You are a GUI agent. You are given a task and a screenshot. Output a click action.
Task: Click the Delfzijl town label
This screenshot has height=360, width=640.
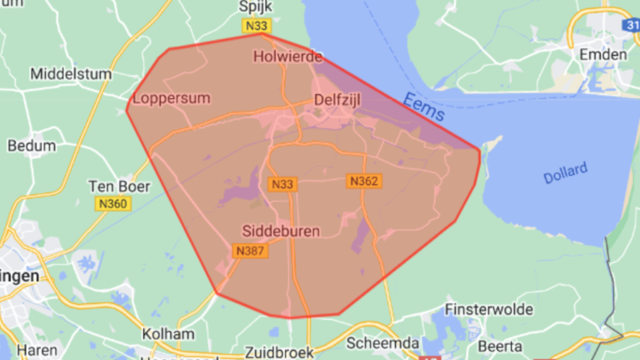(342, 101)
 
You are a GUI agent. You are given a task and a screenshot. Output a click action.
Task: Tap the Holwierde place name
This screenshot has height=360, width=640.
(286, 57)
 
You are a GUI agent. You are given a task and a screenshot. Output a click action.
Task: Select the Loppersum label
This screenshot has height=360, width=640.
(172, 98)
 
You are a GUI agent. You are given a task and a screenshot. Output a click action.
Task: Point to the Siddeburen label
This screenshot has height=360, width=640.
(280, 230)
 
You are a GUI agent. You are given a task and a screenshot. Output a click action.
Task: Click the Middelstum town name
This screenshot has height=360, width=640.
(70, 74)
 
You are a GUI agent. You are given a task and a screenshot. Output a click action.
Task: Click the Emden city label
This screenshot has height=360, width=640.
(603, 55)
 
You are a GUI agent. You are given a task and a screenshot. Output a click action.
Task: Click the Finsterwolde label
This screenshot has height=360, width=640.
(489, 309)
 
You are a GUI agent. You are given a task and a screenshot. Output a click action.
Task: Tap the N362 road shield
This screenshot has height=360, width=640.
(364, 181)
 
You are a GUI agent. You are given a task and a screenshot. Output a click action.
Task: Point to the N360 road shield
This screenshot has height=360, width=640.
(112, 204)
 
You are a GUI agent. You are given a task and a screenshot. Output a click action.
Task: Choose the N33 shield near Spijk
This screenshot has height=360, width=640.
(257, 27)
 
